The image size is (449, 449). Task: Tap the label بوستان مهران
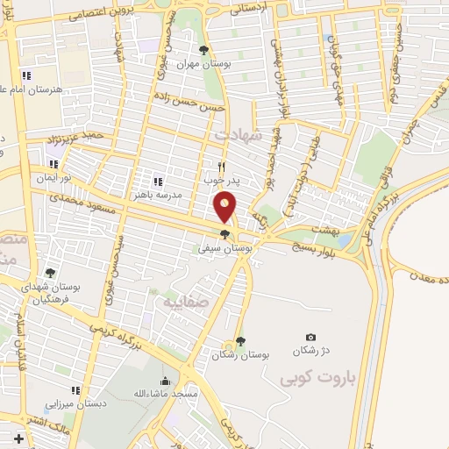pyautogui.click(x=195, y=64)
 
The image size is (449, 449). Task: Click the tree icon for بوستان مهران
pyautogui.click(x=203, y=50)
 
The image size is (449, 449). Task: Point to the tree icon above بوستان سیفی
pyautogui.click(x=226, y=234)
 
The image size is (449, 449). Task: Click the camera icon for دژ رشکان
pyautogui.click(x=310, y=337)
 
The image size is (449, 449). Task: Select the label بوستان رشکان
pyautogui.click(x=241, y=355)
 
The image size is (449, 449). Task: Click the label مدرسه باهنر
pyautogui.click(x=158, y=195)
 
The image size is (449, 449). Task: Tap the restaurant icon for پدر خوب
pyautogui.click(x=222, y=165)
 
